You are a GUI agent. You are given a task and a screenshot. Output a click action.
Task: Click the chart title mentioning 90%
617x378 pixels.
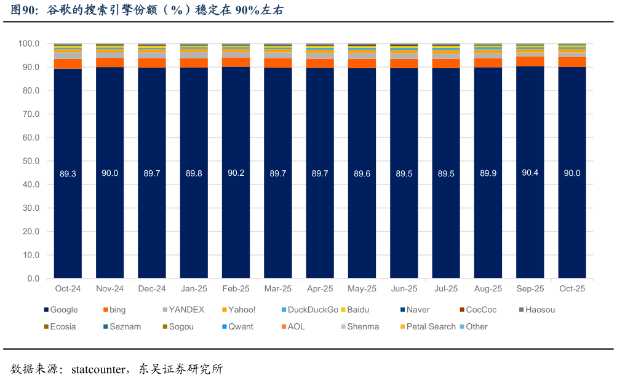tap(148, 10)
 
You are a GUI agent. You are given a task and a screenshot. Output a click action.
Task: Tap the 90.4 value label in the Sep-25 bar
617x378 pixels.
tap(530, 173)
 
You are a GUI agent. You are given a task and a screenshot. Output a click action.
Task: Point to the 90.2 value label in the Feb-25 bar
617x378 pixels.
tap(236, 173)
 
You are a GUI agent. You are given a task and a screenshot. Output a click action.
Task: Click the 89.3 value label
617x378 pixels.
tap(68, 174)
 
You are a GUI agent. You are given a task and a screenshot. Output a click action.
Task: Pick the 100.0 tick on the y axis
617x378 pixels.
tap(29, 44)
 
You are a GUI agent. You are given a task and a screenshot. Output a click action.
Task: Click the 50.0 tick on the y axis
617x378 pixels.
tap(29, 161)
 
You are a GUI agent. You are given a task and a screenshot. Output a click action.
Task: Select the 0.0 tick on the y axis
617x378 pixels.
tap(33, 278)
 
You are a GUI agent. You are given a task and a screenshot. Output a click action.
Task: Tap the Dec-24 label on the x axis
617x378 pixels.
tap(152, 289)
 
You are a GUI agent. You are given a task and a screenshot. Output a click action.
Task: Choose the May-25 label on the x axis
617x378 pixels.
tap(362, 289)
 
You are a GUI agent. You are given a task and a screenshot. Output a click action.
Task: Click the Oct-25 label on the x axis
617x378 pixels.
tap(572, 289)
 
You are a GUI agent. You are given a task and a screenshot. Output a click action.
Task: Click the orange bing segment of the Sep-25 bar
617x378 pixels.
tap(530, 61)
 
